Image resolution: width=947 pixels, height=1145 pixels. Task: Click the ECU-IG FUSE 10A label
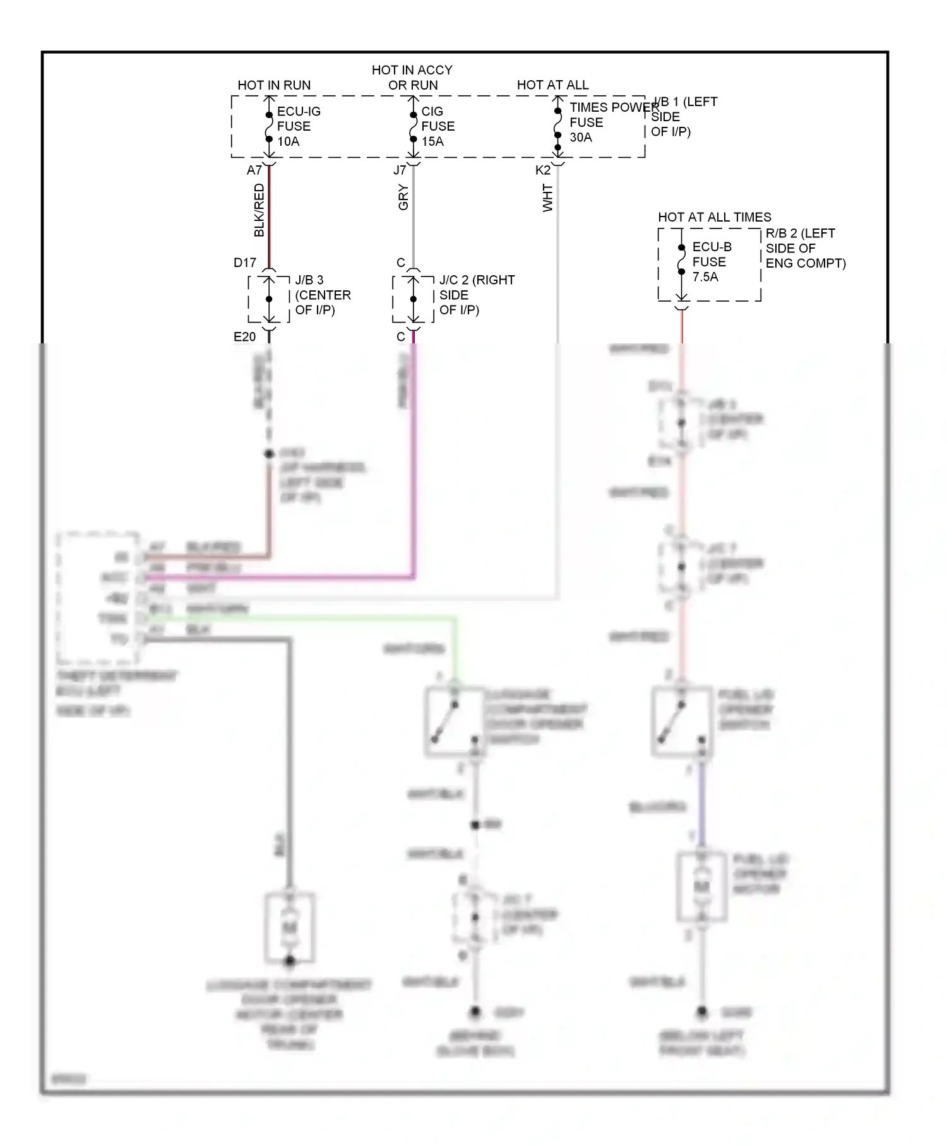pos(298,126)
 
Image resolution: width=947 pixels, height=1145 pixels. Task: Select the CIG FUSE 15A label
pos(437,126)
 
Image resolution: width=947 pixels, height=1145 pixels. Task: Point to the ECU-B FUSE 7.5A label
pos(711,261)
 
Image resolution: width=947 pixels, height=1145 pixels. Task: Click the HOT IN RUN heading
pos(274,85)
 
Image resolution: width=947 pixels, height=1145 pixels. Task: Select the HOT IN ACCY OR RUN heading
pos(412,77)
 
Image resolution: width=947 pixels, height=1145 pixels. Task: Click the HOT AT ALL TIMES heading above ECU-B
pos(714,217)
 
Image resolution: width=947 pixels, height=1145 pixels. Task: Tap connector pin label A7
pos(254,170)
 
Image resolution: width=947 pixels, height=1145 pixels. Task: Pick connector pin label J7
pos(400,170)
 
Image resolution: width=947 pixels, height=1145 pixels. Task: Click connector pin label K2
pos(542,170)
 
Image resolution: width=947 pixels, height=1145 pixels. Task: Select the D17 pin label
pos(245,263)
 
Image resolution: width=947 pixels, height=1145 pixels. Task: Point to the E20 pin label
pos(245,337)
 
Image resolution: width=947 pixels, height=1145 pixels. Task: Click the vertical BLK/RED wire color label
pos(259,210)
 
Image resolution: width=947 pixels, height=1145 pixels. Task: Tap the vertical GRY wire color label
pos(403,198)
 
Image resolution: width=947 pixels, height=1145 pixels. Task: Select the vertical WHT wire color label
pos(547,198)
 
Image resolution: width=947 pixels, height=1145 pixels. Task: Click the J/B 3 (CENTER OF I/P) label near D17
pos(323,295)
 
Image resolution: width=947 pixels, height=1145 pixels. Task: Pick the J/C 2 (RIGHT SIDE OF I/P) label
pos(477,295)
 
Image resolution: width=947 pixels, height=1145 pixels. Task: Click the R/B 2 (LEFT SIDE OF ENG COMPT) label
pos(805,248)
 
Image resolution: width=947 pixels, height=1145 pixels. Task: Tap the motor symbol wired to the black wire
pos(290,927)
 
